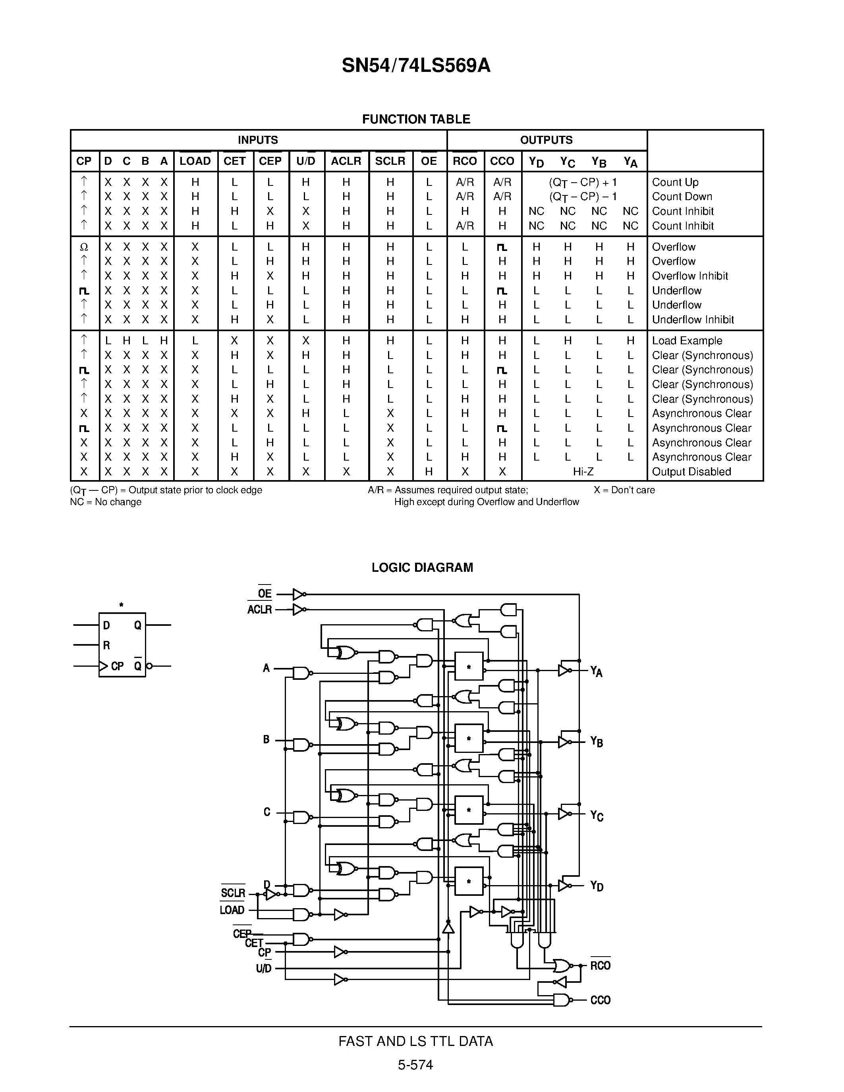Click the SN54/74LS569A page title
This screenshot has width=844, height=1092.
[416, 66]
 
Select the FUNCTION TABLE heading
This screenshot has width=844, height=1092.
[416, 119]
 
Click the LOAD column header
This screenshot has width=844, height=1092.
[195, 161]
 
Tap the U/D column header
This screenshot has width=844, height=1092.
[306, 161]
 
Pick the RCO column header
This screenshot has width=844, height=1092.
[465, 161]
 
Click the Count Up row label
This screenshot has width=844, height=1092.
[675, 182]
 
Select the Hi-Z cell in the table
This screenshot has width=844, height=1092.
[583, 471]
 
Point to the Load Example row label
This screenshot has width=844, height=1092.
[687, 340]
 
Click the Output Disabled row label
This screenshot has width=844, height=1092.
[691, 471]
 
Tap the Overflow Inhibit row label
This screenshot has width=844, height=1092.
[690, 276]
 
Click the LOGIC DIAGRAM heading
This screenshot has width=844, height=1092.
[422, 567]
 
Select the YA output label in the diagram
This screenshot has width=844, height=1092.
[596, 671]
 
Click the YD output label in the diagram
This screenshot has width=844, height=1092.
[597, 886]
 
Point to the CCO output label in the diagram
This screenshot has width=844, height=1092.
[600, 1000]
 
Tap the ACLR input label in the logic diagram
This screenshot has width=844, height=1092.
[259, 610]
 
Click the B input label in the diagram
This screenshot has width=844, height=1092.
[267, 739]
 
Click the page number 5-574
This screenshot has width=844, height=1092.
[415, 1065]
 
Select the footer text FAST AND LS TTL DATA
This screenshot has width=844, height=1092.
[415, 1042]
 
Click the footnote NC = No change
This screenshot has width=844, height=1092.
[106, 502]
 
